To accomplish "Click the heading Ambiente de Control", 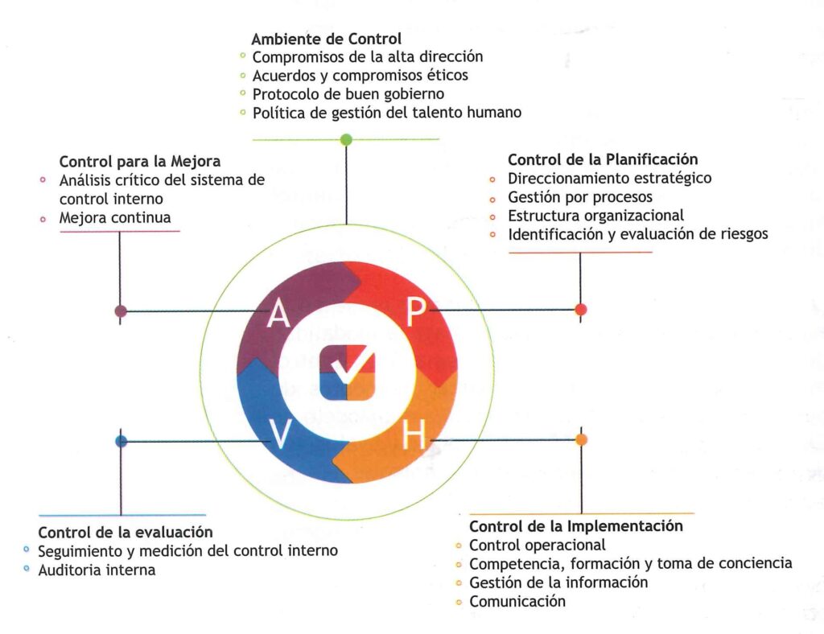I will [x=326, y=39].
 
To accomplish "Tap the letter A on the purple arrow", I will [x=278, y=313].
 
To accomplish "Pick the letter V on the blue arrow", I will [x=279, y=435].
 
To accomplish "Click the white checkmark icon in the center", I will [x=347, y=373].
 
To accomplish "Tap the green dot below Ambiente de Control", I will [x=346, y=140].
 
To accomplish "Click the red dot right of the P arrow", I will [x=581, y=309].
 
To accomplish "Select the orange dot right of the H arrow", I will [x=581, y=439].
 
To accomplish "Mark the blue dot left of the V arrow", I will [x=121, y=441].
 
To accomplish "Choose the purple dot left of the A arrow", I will [x=121, y=311].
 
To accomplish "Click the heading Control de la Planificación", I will [x=603, y=159].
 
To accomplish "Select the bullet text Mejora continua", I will [x=115, y=218].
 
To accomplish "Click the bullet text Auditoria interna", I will [x=97, y=570].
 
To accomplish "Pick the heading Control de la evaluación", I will [x=126, y=532].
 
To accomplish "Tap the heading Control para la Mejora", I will [x=140, y=161].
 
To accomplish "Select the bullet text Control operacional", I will [x=537, y=545].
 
